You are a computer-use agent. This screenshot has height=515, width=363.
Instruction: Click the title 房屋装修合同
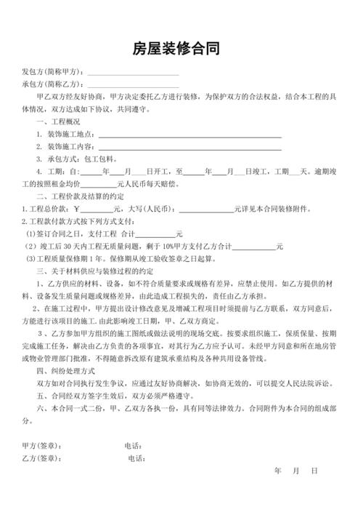(181, 49)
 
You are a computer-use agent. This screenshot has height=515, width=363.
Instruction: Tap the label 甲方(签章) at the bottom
(43, 446)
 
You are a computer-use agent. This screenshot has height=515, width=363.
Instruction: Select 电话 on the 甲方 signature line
(132, 446)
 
